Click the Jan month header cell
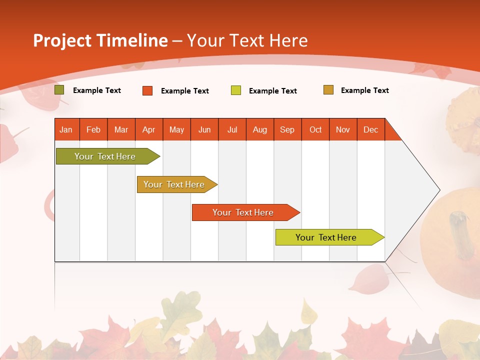66,129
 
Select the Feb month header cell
93,129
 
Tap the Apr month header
149,129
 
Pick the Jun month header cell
204,129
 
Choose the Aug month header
260,129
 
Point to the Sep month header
287,129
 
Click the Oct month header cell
315,129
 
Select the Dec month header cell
371,129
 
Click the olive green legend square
59,90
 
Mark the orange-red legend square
147,90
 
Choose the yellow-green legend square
236,90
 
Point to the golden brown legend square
328,90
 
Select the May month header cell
176,129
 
